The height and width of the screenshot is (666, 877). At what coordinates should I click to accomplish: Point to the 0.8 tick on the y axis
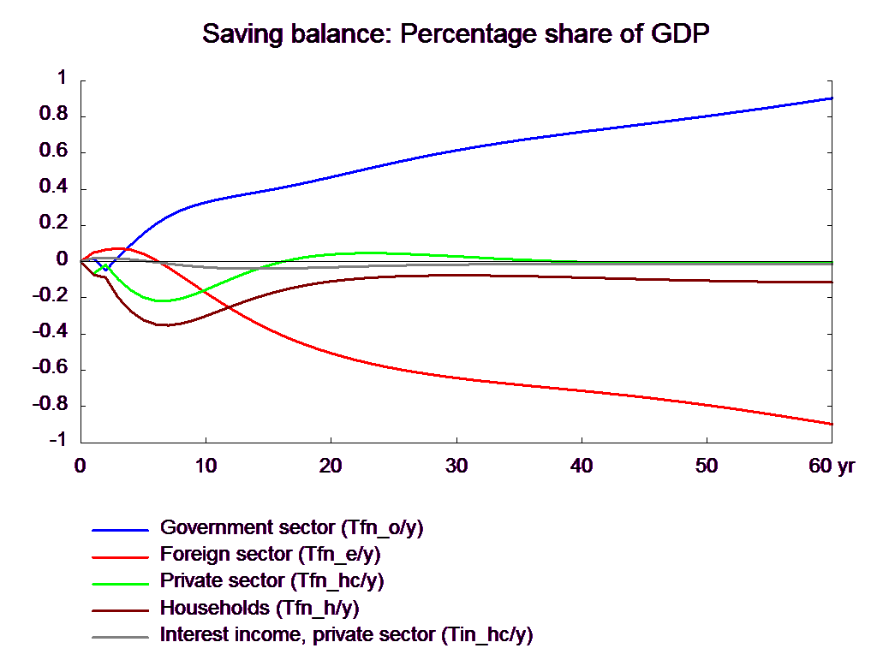click(x=53, y=114)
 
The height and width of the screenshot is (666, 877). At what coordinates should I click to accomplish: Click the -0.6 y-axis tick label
click(x=50, y=368)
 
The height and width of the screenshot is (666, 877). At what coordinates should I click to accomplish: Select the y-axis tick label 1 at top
click(x=62, y=77)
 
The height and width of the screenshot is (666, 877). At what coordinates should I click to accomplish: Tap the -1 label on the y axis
click(x=57, y=440)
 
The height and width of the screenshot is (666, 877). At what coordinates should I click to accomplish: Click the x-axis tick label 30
click(x=456, y=466)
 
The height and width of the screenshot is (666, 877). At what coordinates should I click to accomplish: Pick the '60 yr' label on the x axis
click(x=832, y=466)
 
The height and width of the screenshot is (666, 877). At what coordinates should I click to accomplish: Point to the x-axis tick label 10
click(x=206, y=466)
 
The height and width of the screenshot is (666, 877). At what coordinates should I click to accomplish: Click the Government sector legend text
click(x=291, y=528)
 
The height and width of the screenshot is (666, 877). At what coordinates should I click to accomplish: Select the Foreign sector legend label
click(x=270, y=555)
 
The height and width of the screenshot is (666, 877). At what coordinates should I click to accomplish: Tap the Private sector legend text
click(x=271, y=581)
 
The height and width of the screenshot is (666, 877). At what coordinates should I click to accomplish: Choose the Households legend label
click(x=260, y=609)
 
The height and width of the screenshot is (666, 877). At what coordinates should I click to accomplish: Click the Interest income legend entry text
click(x=346, y=635)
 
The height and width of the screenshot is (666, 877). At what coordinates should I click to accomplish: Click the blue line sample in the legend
click(x=120, y=530)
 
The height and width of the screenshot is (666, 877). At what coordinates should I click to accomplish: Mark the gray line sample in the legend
click(x=120, y=637)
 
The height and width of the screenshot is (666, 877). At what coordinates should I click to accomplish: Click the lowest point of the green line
click(x=162, y=300)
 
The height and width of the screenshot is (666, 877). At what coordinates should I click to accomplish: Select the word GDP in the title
click(x=680, y=34)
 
